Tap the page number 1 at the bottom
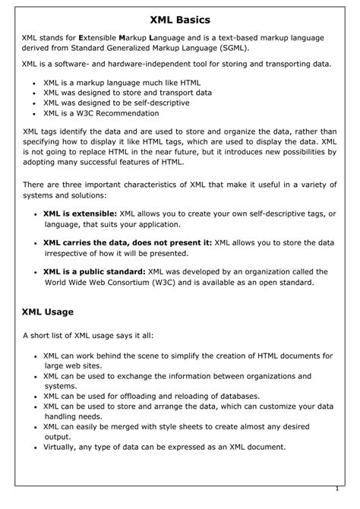pyautogui.click(x=336, y=489)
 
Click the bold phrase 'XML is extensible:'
pyautogui.click(x=78, y=213)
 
